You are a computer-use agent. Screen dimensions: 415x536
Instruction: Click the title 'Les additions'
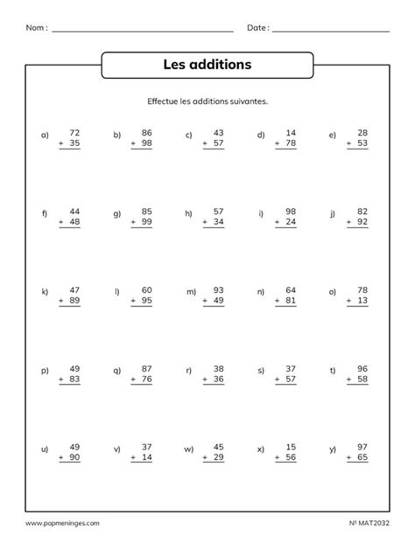point(207,65)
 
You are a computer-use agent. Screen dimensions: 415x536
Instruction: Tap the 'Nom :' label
point(37,28)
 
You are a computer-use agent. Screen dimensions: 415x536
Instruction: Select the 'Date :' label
point(257,28)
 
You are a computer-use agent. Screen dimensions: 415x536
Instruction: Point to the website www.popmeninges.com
point(58,524)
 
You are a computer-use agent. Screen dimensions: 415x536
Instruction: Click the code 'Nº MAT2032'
point(368,524)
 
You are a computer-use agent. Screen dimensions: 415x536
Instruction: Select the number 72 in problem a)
point(74,130)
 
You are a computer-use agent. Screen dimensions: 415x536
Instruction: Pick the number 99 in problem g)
point(146,223)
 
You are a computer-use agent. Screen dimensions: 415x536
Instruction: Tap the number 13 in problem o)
point(362,301)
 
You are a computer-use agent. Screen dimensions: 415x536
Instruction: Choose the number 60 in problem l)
point(146,289)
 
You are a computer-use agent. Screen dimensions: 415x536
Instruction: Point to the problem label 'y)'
point(333,449)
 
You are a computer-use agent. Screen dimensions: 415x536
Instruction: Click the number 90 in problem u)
point(74,457)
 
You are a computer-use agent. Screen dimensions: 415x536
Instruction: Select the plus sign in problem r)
point(203,379)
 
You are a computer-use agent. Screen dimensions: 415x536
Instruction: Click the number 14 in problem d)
point(290,130)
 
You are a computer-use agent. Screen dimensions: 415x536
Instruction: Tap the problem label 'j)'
point(333,213)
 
